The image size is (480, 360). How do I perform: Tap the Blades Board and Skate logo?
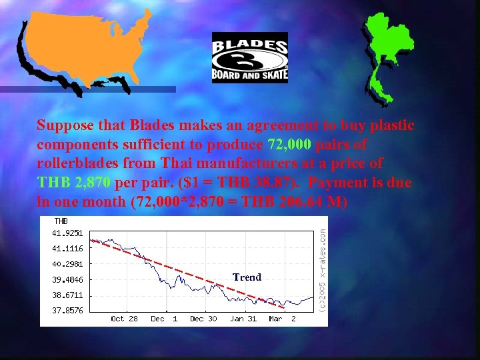[249, 57]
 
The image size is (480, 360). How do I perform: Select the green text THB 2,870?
[74, 182]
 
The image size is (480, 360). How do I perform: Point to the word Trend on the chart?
[247, 277]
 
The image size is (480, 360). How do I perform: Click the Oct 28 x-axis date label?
[124, 319]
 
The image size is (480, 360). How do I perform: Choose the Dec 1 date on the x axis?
[164, 319]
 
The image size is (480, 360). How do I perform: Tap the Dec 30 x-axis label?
[203, 319]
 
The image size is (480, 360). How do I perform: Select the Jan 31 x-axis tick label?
[243, 319]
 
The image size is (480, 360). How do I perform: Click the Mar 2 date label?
[283, 319]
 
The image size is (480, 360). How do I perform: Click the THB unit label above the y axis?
[61, 221]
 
